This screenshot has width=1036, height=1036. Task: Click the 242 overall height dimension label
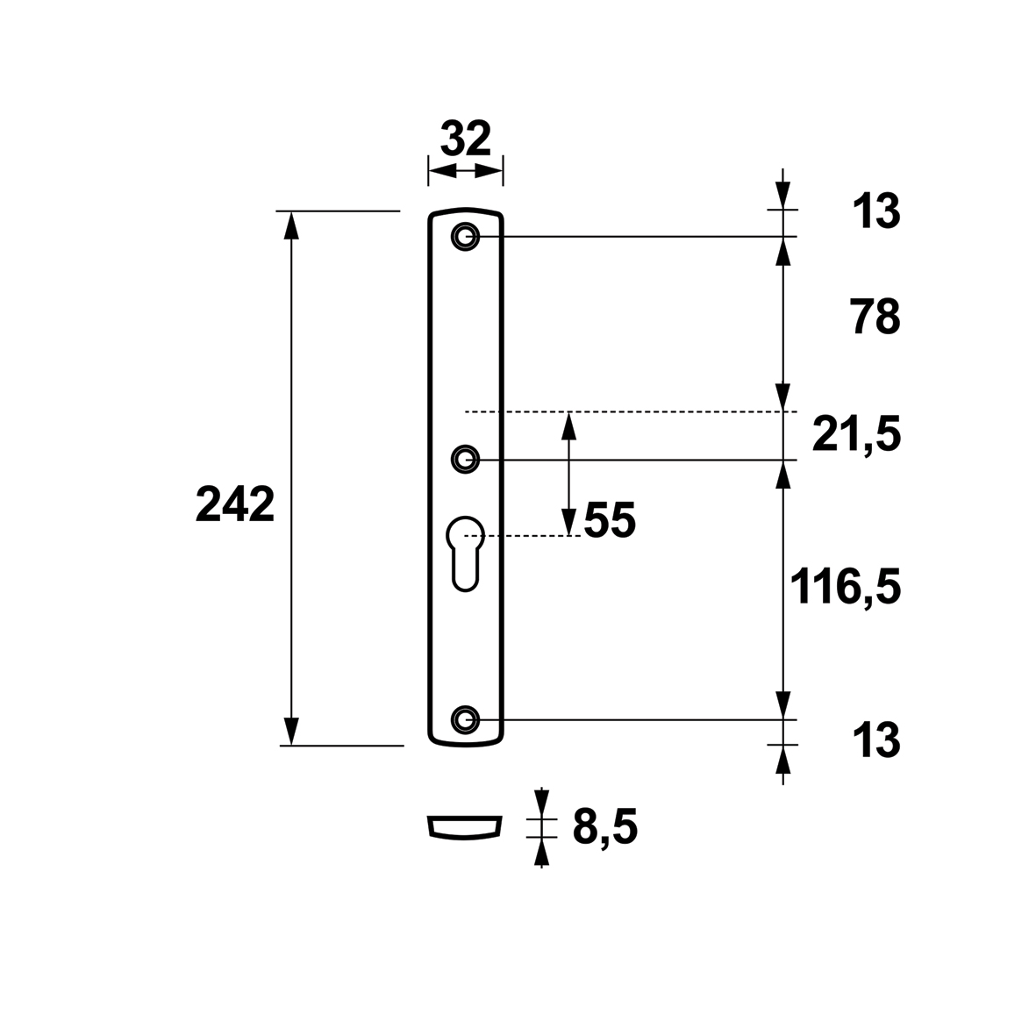pos(235,504)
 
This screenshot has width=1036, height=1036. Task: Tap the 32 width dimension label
pos(465,139)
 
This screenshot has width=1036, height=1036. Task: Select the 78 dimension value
pos(875,318)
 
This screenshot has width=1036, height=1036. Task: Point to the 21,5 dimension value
pos(856,435)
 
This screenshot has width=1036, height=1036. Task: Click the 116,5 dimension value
pos(846,587)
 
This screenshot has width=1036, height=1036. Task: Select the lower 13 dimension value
pos(876,740)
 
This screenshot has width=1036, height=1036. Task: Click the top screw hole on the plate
pos(465,236)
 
